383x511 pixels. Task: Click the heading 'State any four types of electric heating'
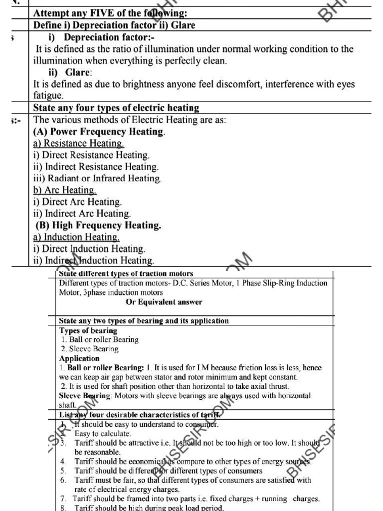[116, 108]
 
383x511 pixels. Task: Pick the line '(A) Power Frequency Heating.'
[99, 132]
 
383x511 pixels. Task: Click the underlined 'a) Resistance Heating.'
[78, 144]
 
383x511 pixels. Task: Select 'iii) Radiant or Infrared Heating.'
[97, 178]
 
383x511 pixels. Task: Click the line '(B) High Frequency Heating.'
[98, 226]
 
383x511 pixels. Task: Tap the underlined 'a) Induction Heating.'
[76, 237]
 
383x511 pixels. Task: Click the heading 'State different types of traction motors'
[126, 273]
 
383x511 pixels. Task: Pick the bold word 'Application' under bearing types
[79, 358]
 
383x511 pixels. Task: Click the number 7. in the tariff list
[63, 499]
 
